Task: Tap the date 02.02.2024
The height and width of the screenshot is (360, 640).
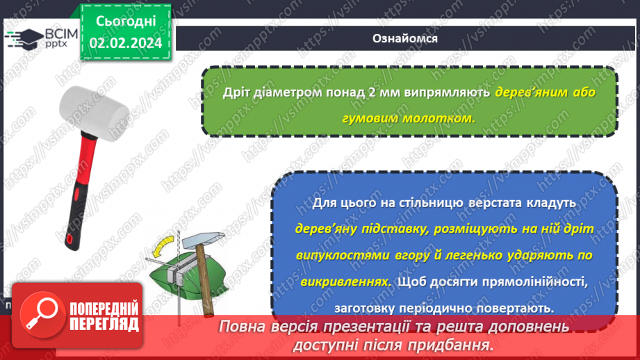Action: pos(125,42)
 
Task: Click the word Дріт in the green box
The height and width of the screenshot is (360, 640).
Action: pos(236,93)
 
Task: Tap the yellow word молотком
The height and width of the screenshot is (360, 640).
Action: pos(442,118)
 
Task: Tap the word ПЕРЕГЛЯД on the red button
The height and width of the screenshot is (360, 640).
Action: pos(104,324)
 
